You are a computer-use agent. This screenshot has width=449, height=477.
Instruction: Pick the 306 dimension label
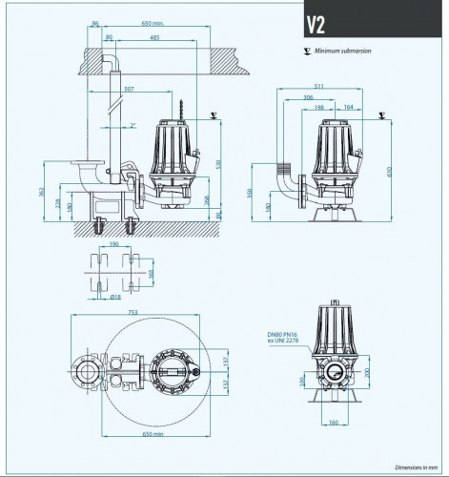click(308, 97)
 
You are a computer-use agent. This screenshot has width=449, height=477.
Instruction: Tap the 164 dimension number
click(350, 107)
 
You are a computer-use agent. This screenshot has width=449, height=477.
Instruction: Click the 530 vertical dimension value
click(217, 164)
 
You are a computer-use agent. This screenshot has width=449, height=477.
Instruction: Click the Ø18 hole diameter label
click(114, 297)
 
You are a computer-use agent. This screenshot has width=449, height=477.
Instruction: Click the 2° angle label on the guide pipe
click(133, 125)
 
